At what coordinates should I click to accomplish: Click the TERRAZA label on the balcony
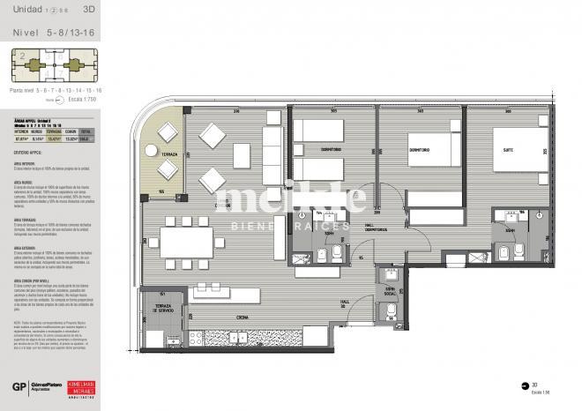162,154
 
